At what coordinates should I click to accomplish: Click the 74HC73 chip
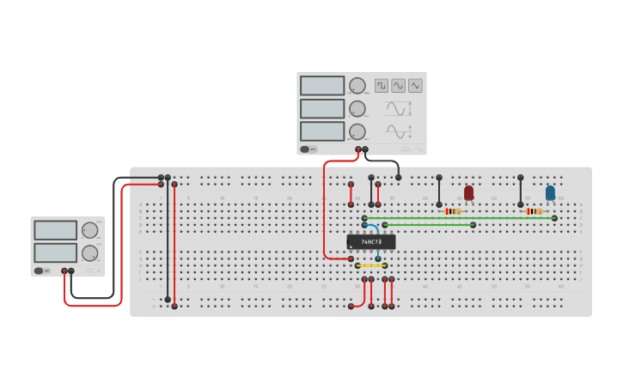(371, 242)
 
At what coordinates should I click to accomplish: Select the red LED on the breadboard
(468, 193)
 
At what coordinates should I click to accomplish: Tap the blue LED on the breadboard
(550, 193)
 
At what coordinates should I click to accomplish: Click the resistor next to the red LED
(453, 211)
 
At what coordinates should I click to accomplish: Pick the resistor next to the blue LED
(534, 211)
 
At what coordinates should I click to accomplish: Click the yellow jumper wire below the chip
(371, 266)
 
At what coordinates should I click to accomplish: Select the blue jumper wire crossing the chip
(376, 239)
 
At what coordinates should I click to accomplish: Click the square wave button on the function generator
(382, 86)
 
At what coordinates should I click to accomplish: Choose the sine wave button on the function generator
(399, 86)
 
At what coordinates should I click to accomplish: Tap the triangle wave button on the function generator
(416, 86)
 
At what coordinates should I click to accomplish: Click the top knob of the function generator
(357, 86)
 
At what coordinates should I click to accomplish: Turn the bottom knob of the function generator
(357, 131)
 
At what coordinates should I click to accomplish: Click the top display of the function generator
(322, 86)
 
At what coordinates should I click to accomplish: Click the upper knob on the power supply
(89, 230)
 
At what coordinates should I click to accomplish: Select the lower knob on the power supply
(89, 253)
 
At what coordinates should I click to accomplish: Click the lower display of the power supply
(55, 253)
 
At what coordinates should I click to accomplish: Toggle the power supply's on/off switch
(40, 270)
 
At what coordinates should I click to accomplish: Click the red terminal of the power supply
(64, 271)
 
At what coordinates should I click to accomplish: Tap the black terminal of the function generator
(365, 149)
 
